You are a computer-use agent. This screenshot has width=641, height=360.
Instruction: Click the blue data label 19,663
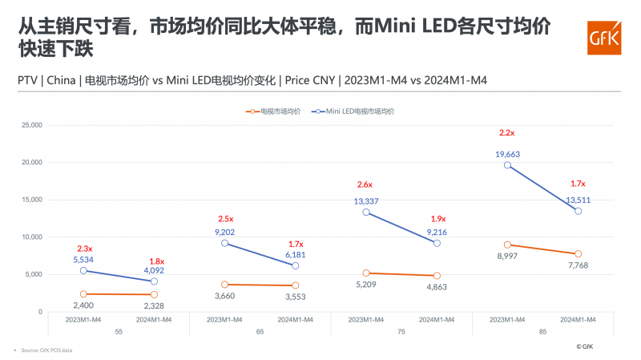coord(507,152)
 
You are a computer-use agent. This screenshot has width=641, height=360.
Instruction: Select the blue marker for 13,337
coord(366,212)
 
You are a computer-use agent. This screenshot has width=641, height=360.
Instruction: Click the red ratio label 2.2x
coord(507,132)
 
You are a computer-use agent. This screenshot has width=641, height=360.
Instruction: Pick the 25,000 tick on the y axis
coord(31,125)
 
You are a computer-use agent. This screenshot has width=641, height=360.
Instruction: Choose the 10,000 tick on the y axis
coord(31,237)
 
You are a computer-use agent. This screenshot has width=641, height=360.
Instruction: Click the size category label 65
coord(260,331)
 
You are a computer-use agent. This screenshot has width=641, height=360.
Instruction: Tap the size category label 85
coord(543,331)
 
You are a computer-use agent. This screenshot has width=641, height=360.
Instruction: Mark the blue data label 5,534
coord(83,261)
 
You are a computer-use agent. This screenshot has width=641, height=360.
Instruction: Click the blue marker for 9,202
coord(224,243)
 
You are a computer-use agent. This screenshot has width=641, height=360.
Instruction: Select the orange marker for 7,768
coord(578,253)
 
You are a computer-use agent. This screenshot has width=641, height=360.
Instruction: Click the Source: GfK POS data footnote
coord(44,350)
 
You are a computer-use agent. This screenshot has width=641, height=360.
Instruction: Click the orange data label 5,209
coord(365,285)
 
